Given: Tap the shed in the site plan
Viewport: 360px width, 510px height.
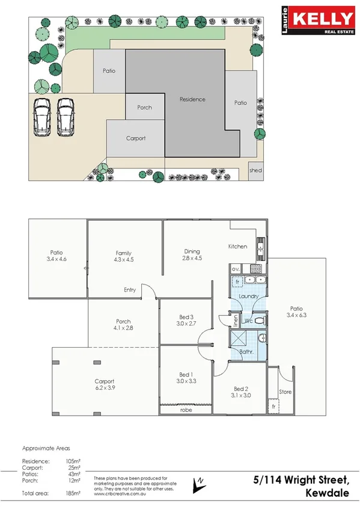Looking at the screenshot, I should point(255,171).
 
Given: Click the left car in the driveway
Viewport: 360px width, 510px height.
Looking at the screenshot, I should point(41,115).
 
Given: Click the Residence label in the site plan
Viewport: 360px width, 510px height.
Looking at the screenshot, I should point(192,99).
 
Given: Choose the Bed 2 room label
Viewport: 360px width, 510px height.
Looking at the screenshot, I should point(241,389).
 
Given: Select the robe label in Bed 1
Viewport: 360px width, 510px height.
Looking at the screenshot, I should point(186,410).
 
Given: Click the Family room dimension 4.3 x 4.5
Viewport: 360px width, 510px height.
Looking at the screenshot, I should point(123,260).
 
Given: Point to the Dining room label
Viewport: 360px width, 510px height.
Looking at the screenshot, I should point(192,251).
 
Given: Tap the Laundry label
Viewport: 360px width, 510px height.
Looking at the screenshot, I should point(248,296).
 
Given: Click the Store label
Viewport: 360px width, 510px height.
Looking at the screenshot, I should point(285,392).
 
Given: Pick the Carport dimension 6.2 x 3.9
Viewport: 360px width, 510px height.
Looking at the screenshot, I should point(105,388).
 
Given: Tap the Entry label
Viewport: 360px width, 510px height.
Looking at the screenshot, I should point(129,290).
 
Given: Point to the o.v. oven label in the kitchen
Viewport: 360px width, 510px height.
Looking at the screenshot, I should point(236,268).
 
